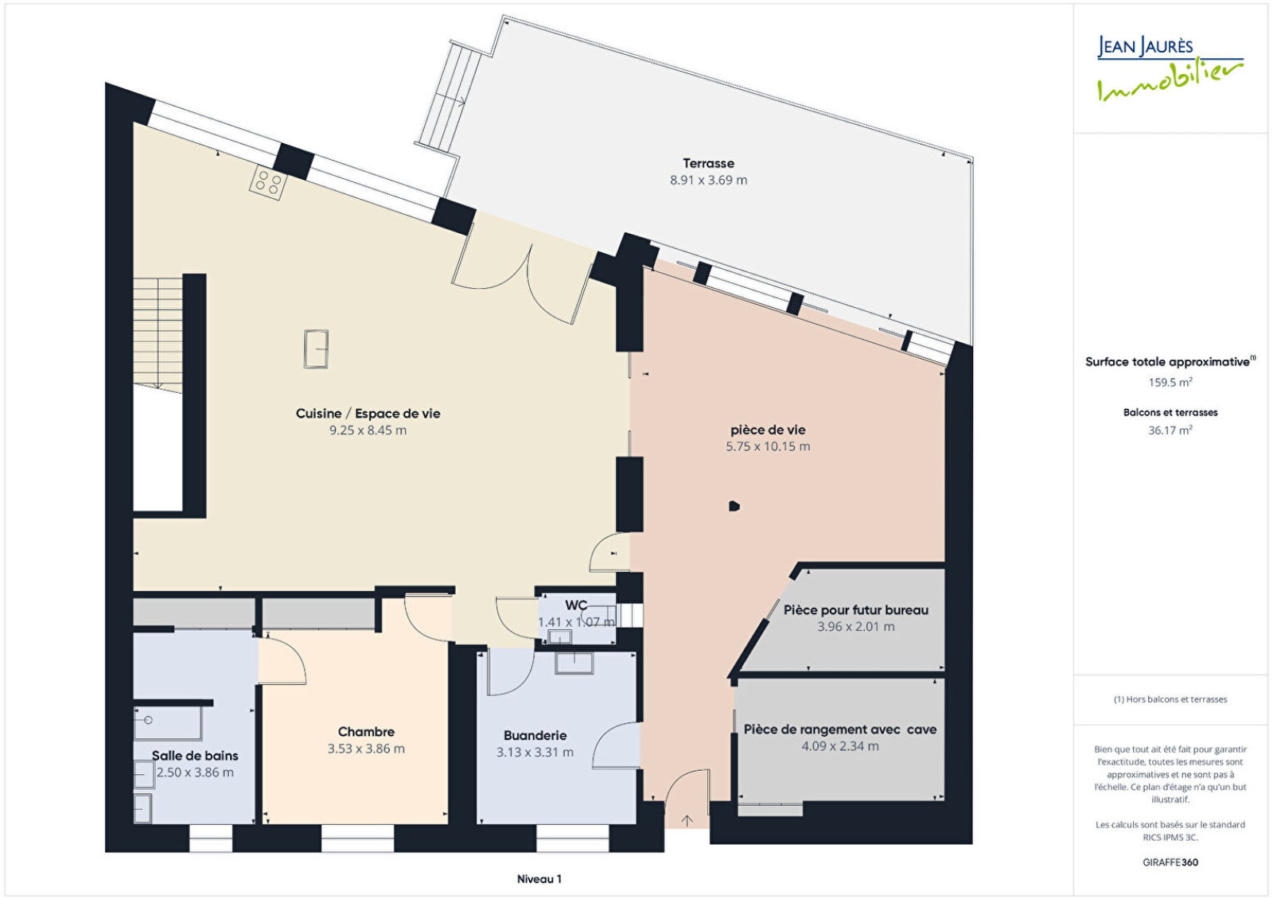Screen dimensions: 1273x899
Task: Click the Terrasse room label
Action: tap(708, 164)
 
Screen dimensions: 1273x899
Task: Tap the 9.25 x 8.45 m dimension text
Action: tap(368, 430)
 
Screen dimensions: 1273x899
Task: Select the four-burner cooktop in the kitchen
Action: tap(267, 182)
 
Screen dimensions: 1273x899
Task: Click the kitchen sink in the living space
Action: tap(316, 349)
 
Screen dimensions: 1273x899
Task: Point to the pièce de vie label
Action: tap(768, 430)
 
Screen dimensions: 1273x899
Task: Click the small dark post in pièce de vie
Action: tap(734, 506)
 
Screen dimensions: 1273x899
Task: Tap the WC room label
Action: tap(576, 605)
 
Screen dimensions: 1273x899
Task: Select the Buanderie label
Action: tap(535, 735)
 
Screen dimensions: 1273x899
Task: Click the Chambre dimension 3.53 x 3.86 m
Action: tap(366, 749)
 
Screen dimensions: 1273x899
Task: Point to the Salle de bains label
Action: tap(195, 756)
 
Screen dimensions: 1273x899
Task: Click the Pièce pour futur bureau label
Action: tap(856, 610)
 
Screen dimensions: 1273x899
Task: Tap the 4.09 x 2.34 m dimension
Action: tap(840, 746)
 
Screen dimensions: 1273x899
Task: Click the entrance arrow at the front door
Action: tap(687, 820)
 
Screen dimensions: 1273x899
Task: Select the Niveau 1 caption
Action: tap(539, 879)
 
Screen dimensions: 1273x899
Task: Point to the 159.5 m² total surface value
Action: tap(1170, 383)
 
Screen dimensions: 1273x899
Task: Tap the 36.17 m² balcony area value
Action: tap(1170, 430)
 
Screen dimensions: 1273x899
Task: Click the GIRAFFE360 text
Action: tap(1170, 862)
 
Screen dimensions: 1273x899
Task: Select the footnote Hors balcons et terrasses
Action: tap(1170, 699)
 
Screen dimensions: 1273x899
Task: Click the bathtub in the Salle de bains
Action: tap(168, 723)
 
